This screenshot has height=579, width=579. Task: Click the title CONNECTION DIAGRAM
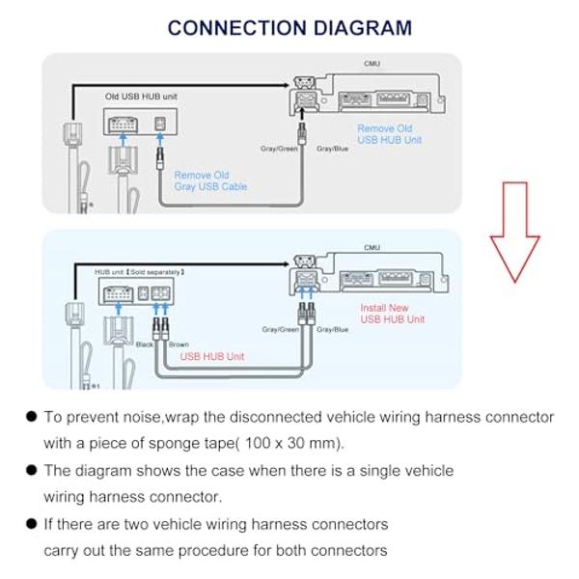click(289, 28)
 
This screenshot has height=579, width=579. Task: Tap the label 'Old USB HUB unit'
click(141, 96)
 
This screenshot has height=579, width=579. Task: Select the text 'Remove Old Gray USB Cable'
click(210, 180)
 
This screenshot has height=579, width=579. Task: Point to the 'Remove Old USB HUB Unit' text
click(384, 134)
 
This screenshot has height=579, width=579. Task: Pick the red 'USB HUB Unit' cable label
click(212, 356)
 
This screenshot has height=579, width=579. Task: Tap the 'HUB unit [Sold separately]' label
click(140, 273)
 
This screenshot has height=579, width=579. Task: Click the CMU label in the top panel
click(372, 64)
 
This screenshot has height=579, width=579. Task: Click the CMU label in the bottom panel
click(372, 248)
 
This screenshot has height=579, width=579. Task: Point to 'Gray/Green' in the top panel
click(280, 149)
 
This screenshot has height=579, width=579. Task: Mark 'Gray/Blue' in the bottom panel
click(332, 329)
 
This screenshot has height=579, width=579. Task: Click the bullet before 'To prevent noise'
click(32, 417)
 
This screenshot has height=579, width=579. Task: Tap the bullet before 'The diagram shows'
click(32, 471)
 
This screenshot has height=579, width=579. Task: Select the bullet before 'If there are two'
click(32, 524)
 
